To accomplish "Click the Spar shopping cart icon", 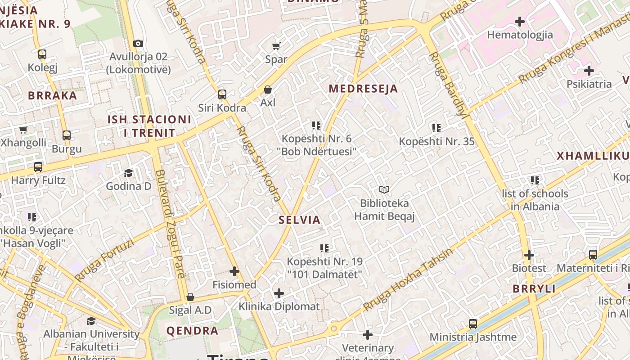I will pos(276,46).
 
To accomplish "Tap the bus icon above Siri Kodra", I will pos(222,94).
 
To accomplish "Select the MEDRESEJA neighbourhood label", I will pos(363,89).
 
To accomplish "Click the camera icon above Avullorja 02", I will pos(138,44).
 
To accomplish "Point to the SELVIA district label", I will pos(299,220).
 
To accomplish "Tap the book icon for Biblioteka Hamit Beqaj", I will pos(384,190).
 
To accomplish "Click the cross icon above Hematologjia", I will pos(520,22).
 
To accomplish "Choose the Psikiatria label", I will pos(589,84).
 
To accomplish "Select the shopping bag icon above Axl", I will pos(268,90).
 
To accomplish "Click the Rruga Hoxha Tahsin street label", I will pos(408,279).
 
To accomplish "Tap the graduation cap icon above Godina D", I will pos(128,173).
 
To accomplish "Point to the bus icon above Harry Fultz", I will pos(38,167).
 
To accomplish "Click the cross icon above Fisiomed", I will pos(234,271).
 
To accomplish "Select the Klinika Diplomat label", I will pos(279,307).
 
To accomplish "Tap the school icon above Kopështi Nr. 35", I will pos(436,128).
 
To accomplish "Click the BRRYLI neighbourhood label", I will pos(534,289).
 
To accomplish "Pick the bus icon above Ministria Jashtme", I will pos(473,324).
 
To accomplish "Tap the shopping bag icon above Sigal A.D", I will pos(190,297).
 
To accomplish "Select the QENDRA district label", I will pos(192,331).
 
